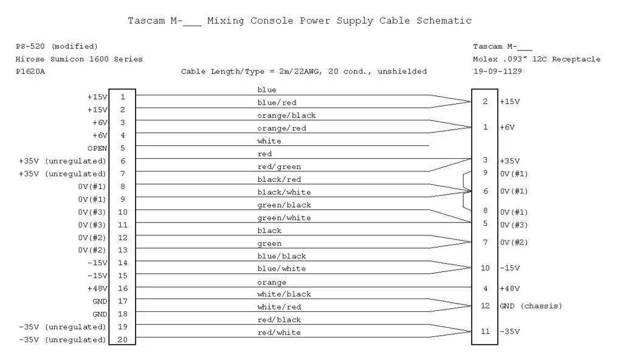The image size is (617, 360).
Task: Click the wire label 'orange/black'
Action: click(286, 116)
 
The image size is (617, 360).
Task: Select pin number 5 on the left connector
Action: click(122, 148)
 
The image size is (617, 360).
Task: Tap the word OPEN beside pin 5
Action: click(97, 148)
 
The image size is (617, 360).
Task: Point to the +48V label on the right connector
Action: click(509, 288)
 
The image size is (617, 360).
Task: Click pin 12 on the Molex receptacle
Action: click(485, 306)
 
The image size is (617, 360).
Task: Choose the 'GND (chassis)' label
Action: click(531, 306)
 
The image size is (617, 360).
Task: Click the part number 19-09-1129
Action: click(497, 71)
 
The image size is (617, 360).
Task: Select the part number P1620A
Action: click(30, 72)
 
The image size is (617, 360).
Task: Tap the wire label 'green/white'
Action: click(284, 218)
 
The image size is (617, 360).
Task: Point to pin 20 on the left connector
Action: click(122, 339)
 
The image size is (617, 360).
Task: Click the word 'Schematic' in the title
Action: click(444, 21)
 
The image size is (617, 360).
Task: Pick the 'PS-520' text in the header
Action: click(30, 46)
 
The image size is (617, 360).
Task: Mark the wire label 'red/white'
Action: click(279, 333)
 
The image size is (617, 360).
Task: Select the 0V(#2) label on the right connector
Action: click(514, 243)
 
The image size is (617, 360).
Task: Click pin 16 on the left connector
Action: click(122, 288)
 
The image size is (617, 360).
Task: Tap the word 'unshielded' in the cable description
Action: click(402, 72)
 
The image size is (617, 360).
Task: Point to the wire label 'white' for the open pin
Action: click(269, 141)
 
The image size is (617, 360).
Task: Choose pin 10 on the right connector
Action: click(485, 268)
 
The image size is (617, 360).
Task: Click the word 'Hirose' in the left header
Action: click(30, 59)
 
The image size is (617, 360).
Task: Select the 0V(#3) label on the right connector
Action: click(514, 225)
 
